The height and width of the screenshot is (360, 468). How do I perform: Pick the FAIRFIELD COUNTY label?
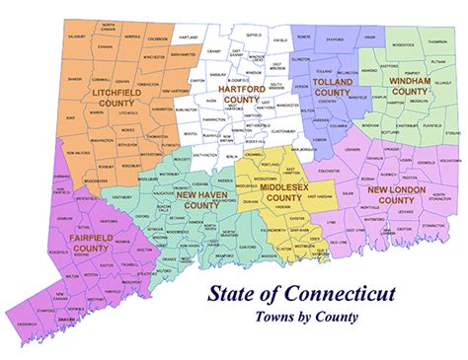(90, 242)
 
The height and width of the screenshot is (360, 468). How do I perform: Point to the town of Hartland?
(189, 36)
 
